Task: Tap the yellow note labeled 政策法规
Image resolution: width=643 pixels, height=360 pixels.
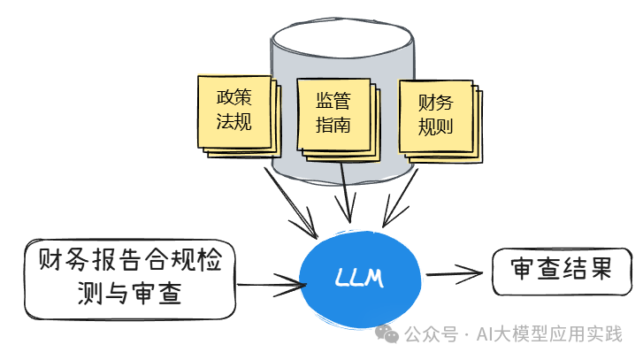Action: coord(233,110)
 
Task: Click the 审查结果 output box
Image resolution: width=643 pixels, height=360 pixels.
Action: coord(562,268)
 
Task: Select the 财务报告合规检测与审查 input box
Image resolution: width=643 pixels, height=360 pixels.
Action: coord(130,278)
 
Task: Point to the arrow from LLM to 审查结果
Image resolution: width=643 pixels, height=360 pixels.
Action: coord(456,272)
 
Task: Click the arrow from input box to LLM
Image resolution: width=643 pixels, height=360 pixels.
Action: coord(270,284)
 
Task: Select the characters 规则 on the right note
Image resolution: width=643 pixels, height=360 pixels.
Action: coord(434,126)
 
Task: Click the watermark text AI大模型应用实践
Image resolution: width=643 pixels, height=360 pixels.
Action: coord(549,334)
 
